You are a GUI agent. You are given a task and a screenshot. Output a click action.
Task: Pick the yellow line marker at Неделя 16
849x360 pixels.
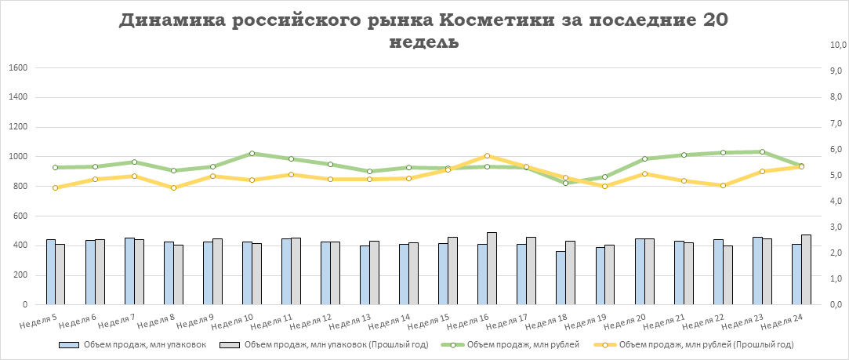pos(487,156)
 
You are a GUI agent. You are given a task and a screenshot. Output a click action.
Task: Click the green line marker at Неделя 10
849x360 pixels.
pos(252,154)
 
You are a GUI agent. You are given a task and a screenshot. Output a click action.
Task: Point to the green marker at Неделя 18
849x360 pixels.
pos(565,183)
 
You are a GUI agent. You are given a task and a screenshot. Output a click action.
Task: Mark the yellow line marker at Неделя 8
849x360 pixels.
pos(173,187)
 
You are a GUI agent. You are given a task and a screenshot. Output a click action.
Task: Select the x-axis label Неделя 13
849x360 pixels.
pos(352,322)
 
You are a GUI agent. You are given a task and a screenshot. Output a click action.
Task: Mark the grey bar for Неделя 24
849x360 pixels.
pos(806,270)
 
